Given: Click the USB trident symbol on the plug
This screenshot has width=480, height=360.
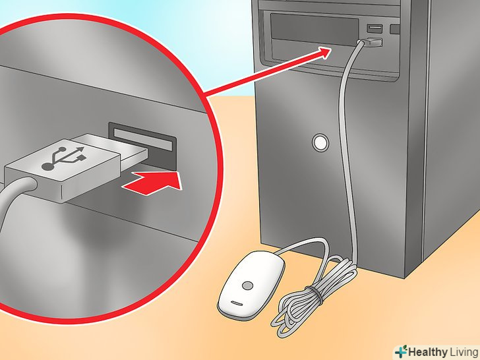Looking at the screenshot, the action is [64, 158].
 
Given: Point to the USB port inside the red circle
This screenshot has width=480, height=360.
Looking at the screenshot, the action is [143, 146].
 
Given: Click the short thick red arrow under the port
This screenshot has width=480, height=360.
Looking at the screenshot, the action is [152, 183].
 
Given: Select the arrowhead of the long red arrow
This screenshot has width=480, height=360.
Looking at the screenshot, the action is [325, 52].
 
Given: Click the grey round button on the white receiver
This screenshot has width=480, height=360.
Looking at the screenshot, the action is [247, 286].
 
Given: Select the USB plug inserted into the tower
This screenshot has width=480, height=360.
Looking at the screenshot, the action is [372, 42].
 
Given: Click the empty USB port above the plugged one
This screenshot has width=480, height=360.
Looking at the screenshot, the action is [375, 28].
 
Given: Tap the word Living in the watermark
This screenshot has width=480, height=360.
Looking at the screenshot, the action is [464, 352].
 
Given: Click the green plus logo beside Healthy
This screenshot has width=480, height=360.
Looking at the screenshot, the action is [401, 351].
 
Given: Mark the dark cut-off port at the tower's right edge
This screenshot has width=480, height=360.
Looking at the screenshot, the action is [395, 29].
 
